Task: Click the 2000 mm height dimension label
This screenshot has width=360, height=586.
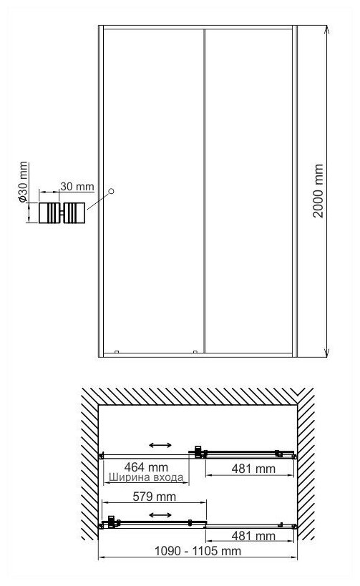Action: coord(318,190)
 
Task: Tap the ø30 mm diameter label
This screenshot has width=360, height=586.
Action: coord(23,182)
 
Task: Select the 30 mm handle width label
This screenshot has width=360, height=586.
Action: coord(77,186)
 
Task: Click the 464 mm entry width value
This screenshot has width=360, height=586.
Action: coord(146,467)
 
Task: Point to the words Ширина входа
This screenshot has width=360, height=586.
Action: coord(146,477)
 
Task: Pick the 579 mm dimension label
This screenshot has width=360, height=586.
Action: coord(154,497)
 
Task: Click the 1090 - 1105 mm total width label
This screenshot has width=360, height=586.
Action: coord(198,550)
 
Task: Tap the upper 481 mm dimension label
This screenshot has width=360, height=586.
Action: coord(253,468)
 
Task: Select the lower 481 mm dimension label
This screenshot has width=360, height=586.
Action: coord(253,535)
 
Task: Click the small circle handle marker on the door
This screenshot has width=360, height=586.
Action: coord(111,191)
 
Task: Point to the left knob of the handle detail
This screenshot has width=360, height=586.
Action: coord(49,213)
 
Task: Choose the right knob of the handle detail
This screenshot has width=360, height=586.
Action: coord(74,213)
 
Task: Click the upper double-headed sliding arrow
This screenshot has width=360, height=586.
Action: coord(160,445)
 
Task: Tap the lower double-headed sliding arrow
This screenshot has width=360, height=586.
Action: coord(160,515)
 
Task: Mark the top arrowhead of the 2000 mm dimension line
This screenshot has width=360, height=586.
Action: coord(327,29)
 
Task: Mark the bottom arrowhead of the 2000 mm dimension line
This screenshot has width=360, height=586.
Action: coord(327,353)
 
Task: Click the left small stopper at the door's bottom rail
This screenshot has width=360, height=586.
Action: coord(117,352)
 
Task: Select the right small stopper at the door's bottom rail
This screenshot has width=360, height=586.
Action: coord(195,352)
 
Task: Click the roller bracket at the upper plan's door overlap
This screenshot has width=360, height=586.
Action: coord(199,451)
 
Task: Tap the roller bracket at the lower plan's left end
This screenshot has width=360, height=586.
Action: coord(112,522)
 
